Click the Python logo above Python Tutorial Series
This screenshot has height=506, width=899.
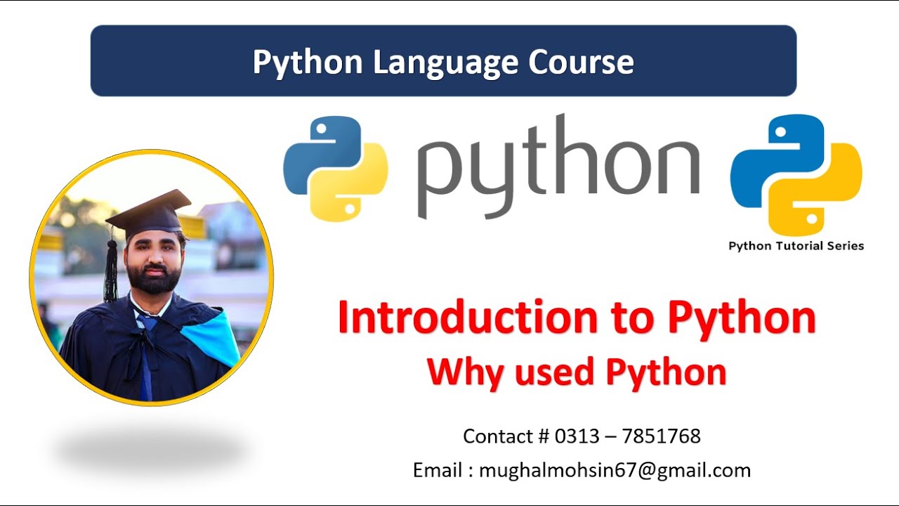[x=796, y=174]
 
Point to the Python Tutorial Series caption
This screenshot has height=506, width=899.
[x=796, y=246]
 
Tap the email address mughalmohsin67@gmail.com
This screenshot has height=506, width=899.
[x=615, y=470]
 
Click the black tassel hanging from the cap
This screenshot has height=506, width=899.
[x=110, y=271]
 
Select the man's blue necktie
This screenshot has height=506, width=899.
[x=146, y=358]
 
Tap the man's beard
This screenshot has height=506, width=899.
[x=150, y=278]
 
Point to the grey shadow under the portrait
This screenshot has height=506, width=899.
[x=151, y=450]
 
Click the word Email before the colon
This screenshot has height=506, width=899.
[x=438, y=470]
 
